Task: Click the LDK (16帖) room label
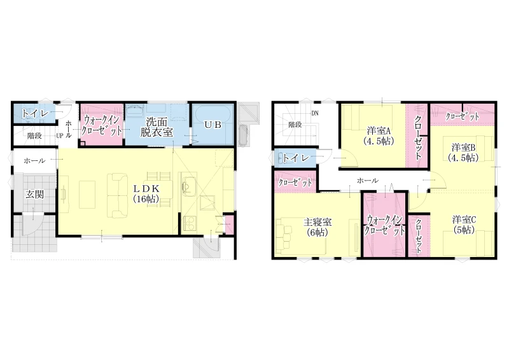click(146, 194)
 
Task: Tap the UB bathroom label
click(213, 124)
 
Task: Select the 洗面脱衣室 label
click(157, 127)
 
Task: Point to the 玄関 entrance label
click(35, 195)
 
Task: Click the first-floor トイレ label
click(35, 114)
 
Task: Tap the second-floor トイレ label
click(296, 158)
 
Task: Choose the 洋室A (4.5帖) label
click(379, 136)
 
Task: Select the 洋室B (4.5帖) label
click(463, 152)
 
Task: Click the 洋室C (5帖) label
click(464, 225)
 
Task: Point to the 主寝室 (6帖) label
click(317, 227)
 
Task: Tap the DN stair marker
click(315, 113)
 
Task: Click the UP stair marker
click(59, 136)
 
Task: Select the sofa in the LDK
click(118, 195)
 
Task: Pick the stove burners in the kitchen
click(189, 223)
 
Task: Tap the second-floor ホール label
click(368, 181)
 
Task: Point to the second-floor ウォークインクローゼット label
click(385, 225)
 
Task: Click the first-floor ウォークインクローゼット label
click(102, 125)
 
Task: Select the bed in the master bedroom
click(300, 235)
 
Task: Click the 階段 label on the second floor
click(295, 124)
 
